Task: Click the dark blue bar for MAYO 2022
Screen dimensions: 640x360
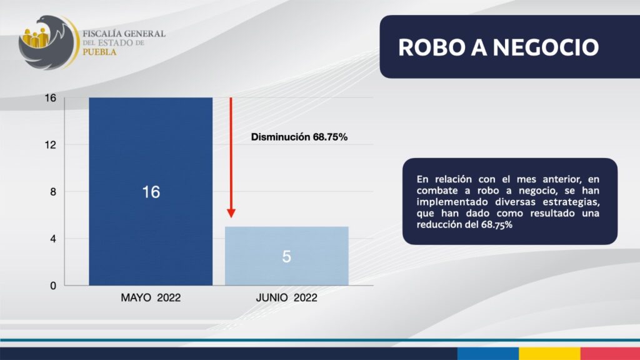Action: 151,191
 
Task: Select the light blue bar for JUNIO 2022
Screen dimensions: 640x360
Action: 286,256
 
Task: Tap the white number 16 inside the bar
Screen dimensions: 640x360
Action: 151,192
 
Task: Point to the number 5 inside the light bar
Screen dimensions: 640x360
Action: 286,256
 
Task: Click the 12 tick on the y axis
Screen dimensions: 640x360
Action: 51,145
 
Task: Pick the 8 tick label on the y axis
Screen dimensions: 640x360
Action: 53,192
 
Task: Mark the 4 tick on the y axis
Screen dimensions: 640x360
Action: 53,239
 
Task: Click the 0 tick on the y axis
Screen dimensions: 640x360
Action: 53,286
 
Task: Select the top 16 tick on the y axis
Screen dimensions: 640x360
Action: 51,98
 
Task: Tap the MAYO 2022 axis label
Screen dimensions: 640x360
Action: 151,297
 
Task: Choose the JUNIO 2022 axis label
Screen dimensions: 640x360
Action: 286,297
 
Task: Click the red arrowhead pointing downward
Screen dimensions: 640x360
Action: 231,213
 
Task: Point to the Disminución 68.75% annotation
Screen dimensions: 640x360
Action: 299,137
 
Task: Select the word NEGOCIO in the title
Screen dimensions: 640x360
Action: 546,47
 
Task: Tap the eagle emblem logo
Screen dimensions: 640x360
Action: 49,42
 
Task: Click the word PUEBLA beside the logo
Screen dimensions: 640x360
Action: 99,52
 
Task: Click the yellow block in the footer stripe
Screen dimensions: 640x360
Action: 549,354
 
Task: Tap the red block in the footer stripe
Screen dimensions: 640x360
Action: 610,354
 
